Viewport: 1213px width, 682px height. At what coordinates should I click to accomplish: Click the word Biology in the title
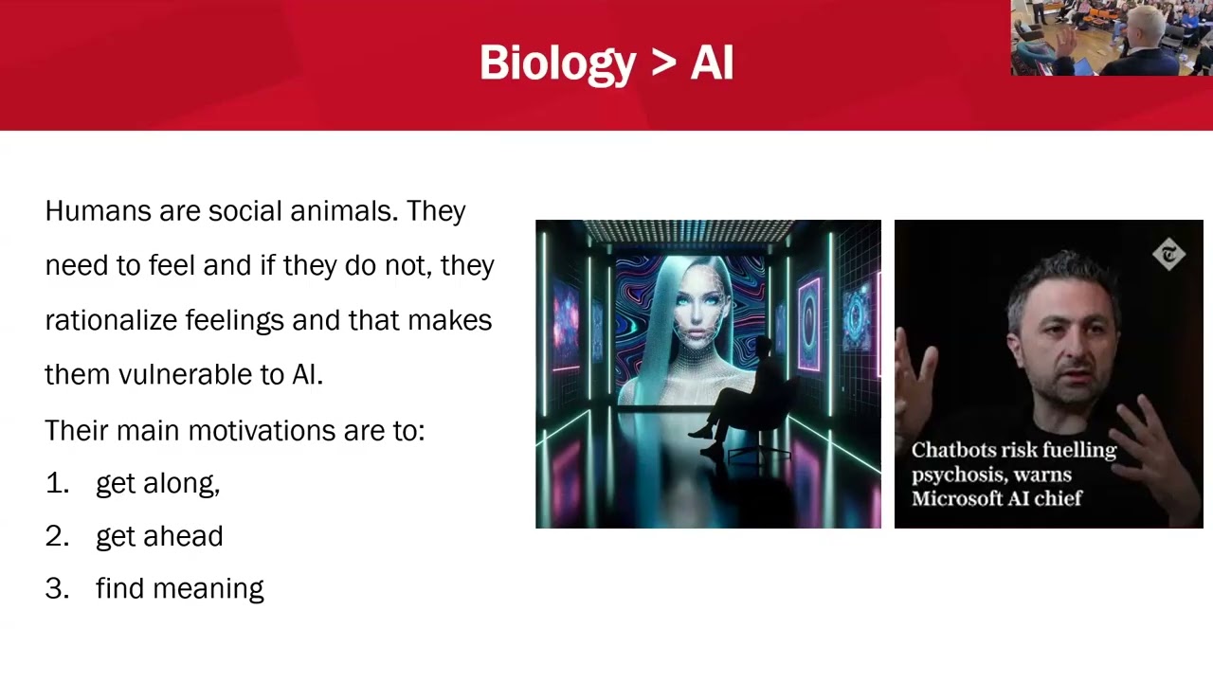click(557, 63)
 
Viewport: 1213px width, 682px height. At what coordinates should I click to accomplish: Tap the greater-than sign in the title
click(663, 63)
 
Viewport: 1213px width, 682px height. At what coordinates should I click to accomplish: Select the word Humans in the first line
click(98, 210)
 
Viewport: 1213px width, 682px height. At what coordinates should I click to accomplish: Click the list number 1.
click(56, 483)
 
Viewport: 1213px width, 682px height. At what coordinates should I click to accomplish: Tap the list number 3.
click(56, 588)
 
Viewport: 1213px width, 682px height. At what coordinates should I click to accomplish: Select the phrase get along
click(156, 484)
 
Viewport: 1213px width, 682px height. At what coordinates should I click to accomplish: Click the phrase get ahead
click(159, 536)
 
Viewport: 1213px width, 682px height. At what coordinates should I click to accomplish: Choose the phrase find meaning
click(179, 588)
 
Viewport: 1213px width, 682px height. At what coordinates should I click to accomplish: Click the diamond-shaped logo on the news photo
click(1168, 254)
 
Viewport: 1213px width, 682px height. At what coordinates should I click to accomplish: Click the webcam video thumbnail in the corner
click(1112, 38)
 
